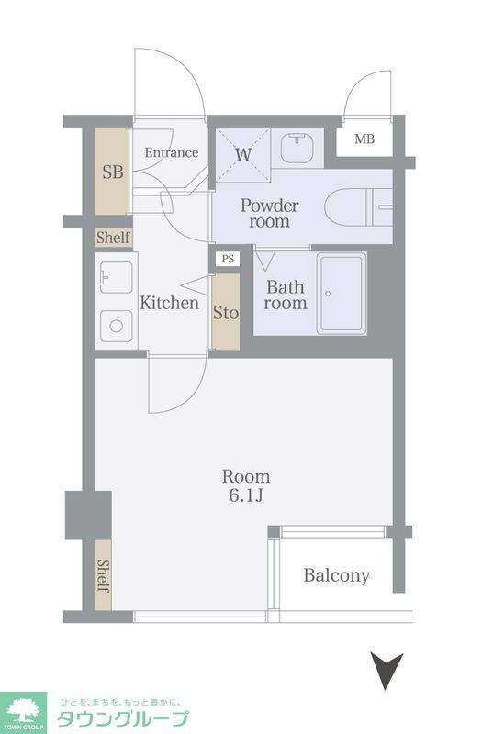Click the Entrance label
click(172, 152)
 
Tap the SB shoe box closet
click(113, 172)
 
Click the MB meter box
click(364, 140)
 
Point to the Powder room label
click(270, 213)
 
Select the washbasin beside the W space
click(297, 149)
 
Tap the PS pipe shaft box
click(227, 259)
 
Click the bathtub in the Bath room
click(341, 294)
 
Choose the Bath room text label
click(286, 295)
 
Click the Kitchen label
click(169, 302)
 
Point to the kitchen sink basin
click(115, 274)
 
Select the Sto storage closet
click(226, 312)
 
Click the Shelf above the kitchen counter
click(114, 238)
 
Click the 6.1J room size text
click(245, 497)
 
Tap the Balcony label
click(337, 575)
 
